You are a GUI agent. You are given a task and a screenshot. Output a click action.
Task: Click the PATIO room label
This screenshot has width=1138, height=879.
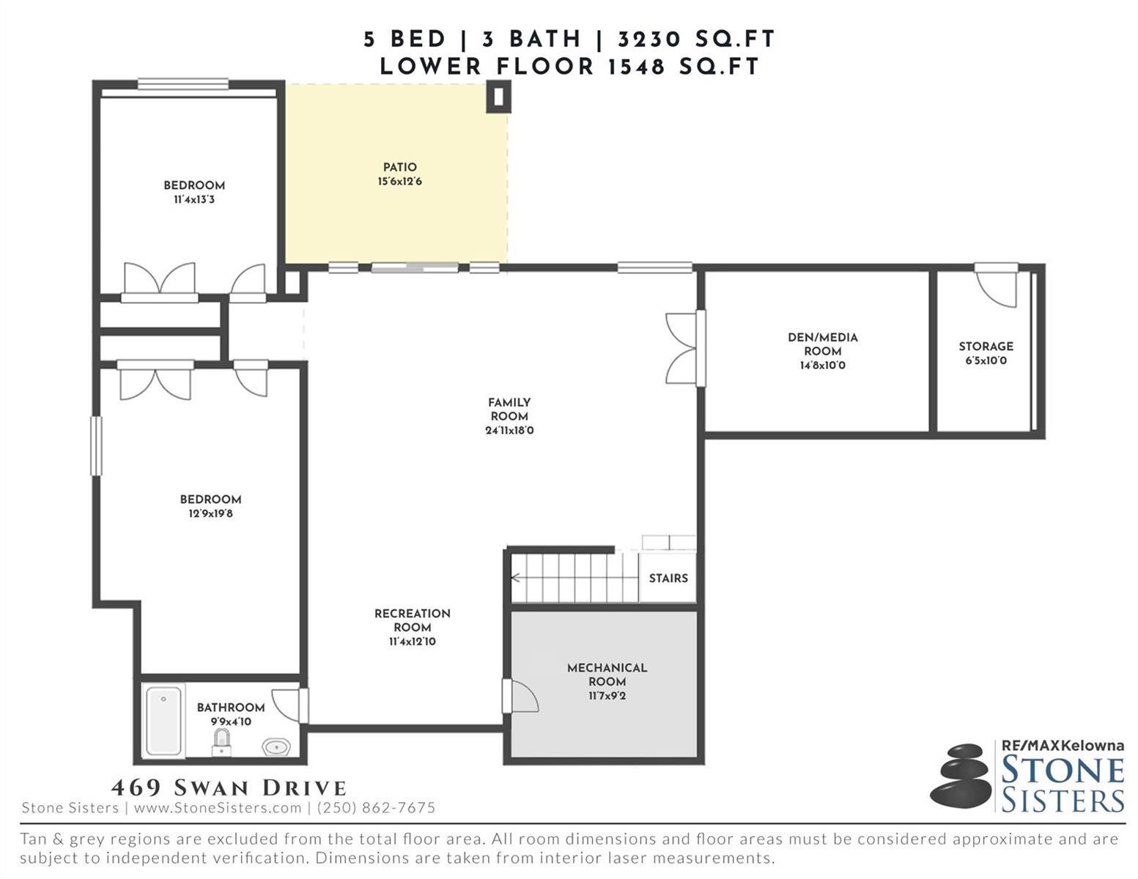399,167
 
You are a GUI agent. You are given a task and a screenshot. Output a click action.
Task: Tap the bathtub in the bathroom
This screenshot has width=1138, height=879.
164,720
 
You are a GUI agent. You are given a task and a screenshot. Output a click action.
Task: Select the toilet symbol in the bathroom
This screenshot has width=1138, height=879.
221,742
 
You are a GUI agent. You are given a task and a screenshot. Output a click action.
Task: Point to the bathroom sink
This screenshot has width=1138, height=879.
276,746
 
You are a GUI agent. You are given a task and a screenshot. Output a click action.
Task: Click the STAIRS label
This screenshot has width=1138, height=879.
668,578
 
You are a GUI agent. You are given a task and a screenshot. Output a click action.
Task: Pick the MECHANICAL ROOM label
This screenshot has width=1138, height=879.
607,675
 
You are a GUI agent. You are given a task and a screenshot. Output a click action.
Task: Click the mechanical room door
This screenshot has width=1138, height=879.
520,696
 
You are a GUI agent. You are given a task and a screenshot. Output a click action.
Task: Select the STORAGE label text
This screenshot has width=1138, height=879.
986,346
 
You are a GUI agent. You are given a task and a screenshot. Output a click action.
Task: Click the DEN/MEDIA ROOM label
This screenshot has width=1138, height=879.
823,344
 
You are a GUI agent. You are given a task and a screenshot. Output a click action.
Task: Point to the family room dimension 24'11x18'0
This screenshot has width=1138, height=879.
509,431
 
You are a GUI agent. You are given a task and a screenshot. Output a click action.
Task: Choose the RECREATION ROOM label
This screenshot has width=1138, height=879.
412,620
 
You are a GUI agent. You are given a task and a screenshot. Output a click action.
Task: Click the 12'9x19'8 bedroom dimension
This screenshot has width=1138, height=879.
210,513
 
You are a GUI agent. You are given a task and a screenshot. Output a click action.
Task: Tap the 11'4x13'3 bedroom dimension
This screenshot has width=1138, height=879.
194,199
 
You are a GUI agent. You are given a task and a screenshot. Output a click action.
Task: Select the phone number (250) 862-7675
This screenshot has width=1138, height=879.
377,808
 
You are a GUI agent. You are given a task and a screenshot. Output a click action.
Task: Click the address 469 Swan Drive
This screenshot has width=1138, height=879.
229,787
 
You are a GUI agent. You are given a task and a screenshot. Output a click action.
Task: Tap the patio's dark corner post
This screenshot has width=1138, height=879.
498,97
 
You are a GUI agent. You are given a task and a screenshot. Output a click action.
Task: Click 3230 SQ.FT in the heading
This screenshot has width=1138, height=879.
696,39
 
